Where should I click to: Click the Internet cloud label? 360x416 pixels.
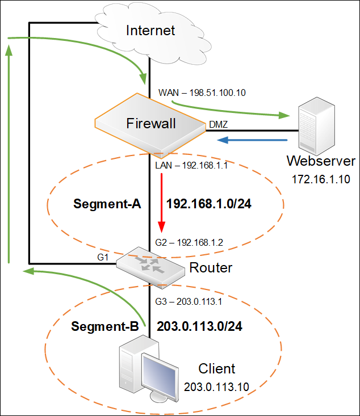(150, 30)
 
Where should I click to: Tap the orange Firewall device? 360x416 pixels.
(151, 124)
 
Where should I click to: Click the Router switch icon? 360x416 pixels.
(150, 266)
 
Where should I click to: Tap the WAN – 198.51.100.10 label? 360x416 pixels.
(202, 91)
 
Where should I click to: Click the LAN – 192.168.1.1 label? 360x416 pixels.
(192, 166)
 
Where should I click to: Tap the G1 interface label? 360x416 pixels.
(103, 257)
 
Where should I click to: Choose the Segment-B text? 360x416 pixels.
(105, 327)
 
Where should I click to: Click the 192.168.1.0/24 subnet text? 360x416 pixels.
(208, 204)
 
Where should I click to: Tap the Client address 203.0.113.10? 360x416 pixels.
(217, 387)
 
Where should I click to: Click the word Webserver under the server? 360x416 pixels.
(321, 161)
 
